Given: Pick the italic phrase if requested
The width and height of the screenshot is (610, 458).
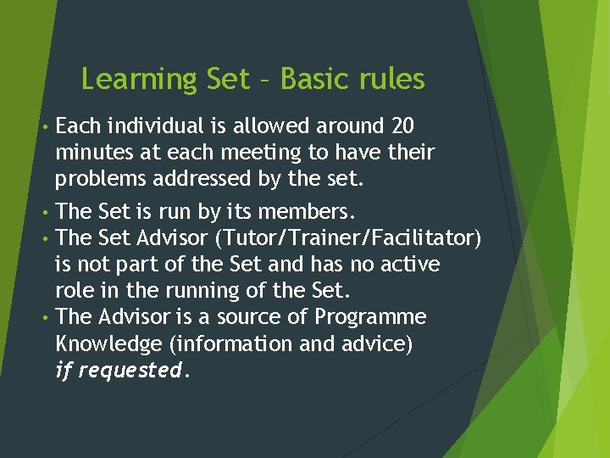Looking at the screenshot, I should tap(119, 371).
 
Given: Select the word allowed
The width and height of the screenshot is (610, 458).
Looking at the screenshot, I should tap(272, 126).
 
